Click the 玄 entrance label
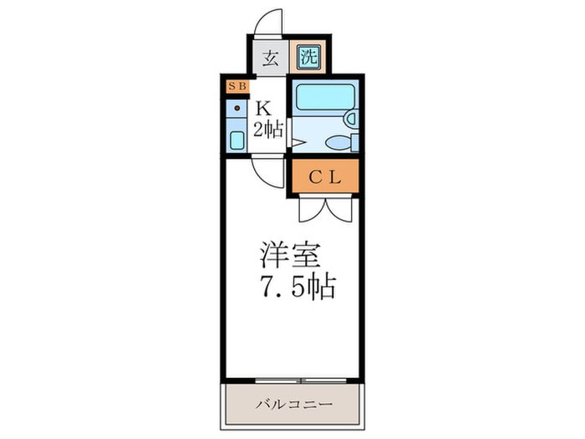[x=270, y=59]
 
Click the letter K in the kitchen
[x=265, y=108]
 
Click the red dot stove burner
[x=237, y=108]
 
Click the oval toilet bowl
[x=338, y=143]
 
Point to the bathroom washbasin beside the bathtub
[x=354, y=120]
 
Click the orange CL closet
[x=323, y=176]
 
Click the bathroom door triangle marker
[x=293, y=143]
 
